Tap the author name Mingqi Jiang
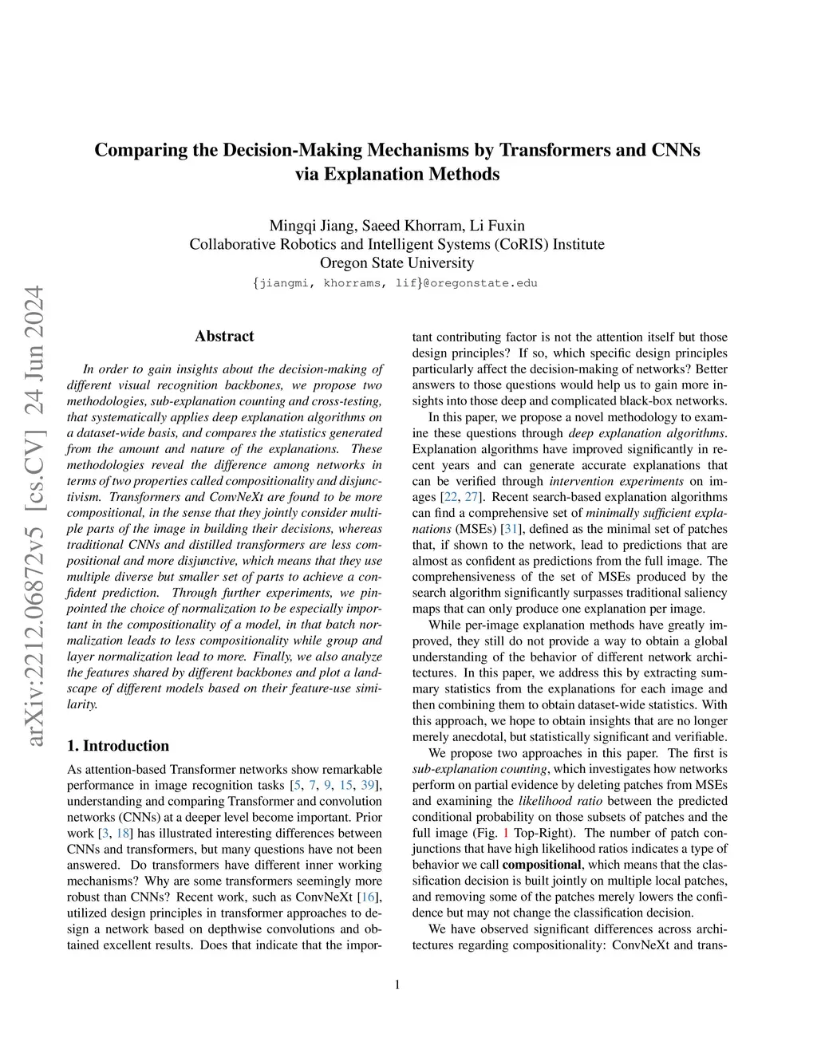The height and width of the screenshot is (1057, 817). pyautogui.click(x=313, y=226)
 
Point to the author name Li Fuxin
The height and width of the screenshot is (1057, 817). pyautogui.click(x=497, y=226)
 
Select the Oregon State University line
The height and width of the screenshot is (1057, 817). pyautogui.click(x=397, y=262)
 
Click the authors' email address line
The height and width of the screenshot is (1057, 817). pyautogui.click(x=396, y=283)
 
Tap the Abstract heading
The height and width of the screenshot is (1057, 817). pyautogui.click(x=224, y=337)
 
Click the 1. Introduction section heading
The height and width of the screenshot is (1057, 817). pyautogui.click(x=118, y=746)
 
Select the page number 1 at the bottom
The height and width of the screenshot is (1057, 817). pyautogui.click(x=397, y=985)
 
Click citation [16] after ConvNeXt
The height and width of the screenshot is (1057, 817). pyautogui.click(x=368, y=897)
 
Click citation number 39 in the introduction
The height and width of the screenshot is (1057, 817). pyautogui.click(x=367, y=785)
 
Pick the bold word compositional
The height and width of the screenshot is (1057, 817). pyautogui.click(x=541, y=865)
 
